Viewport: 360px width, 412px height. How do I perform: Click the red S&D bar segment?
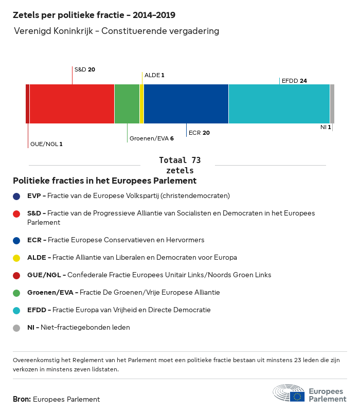(72, 104)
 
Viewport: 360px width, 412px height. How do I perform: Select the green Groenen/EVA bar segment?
(127, 104)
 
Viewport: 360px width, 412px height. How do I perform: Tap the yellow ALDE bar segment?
(141, 104)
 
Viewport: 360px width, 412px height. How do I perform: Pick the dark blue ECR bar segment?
(186, 104)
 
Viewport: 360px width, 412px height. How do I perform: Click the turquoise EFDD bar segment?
(279, 104)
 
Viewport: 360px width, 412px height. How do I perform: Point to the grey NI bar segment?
(332, 104)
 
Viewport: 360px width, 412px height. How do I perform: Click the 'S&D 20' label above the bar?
(85, 69)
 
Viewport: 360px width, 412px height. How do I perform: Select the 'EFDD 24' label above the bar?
(294, 81)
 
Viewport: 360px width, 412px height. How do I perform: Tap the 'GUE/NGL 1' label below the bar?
(46, 144)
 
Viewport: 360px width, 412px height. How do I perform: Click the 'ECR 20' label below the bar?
(199, 133)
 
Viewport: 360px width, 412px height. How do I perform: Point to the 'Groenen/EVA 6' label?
(152, 138)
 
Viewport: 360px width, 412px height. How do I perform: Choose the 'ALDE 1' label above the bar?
(154, 75)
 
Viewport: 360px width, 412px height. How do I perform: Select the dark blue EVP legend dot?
(17, 196)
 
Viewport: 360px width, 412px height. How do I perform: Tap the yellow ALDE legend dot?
(17, 258)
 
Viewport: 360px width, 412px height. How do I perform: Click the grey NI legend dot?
(17, 328)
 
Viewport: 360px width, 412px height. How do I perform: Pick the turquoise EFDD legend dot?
(17, 310)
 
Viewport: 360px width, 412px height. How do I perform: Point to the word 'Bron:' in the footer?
(22, 399)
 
